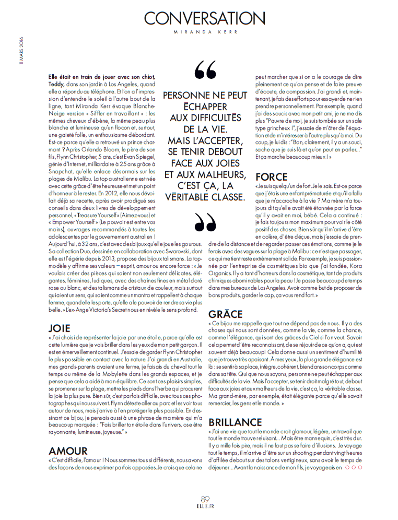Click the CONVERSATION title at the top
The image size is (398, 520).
pyautogui.click(x=204, y=18)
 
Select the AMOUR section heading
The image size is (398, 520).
pyautogui.click(x=68, y=450)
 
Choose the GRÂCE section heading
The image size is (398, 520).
pyautogui.click(x=226, y=314)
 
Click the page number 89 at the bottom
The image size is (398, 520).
pyautogui.click(x=206, y=498)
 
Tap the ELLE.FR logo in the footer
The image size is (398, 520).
pyautogui.click(x=205, y=506)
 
